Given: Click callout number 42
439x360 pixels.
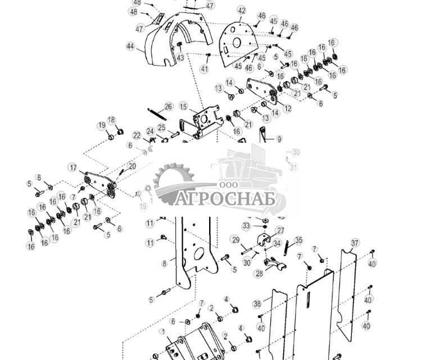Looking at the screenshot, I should click(242, 11).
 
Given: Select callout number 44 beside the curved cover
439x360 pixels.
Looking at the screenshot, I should click(131, 47).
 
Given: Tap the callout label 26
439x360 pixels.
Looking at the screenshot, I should click(169, 107).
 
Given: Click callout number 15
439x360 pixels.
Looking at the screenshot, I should click(183, 106).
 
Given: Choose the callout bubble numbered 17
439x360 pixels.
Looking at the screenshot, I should click(73, 167).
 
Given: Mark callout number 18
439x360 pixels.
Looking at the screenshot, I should click(111, 120).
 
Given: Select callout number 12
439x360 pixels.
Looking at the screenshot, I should click(288, 109).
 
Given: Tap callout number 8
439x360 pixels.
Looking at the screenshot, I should click(165, 263).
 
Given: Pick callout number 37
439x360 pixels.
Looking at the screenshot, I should click(355, 243).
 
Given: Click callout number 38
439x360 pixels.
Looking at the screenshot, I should click(257, 304).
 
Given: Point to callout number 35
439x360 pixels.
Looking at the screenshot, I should click(298, 240).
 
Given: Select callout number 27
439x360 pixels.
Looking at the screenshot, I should click(280, 230).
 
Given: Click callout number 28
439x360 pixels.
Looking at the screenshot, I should click(259, 274).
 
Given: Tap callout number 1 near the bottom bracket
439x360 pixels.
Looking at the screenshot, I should click(162, 332).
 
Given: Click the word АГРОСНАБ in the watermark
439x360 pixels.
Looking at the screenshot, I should click(224, 199).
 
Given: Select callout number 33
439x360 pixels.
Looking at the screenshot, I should click(246, 226).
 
